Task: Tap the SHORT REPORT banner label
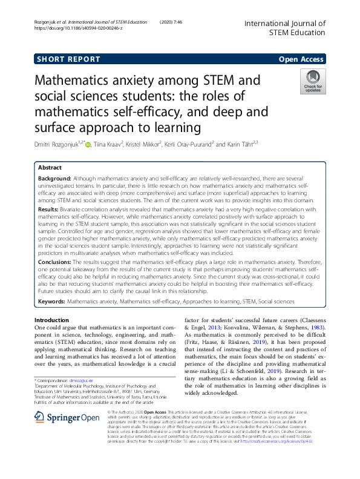click(68, 59)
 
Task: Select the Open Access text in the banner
click(301, 59)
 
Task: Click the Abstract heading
click(50, 167)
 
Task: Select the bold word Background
click(54, 179)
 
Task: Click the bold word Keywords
click(51, 301)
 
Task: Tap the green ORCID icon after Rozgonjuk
click(88, 144)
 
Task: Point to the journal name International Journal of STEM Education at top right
click(284, 27)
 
